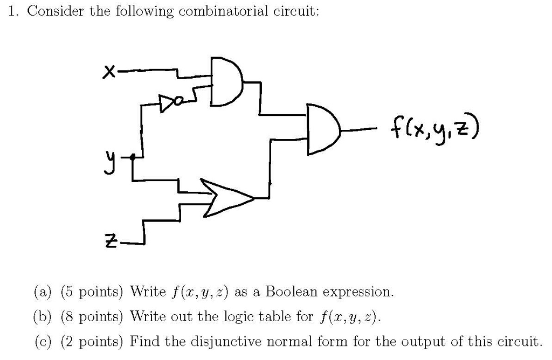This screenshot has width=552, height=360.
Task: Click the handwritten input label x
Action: coord(109,71)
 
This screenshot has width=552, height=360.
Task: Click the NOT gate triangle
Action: coord(166,100)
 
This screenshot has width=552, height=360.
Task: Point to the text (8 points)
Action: coord(92,316)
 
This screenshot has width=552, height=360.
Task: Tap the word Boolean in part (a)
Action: coord(293,292)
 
